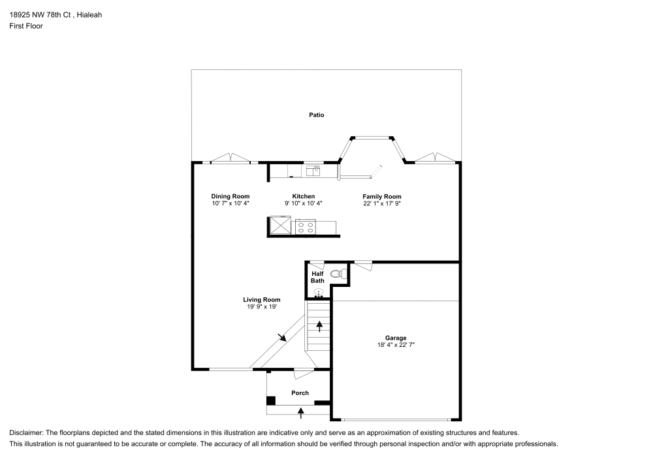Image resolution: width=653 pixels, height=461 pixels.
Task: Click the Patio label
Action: coord(317,115)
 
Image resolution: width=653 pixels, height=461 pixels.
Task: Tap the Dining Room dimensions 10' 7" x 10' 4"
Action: coord(231,203)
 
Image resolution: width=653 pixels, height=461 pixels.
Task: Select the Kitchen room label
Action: coord(304,196)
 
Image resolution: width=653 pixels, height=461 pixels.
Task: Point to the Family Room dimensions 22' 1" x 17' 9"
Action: coord(382,203)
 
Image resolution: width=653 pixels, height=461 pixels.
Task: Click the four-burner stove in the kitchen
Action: coord(305,228)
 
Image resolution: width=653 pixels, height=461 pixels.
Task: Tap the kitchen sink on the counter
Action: coord(313,171)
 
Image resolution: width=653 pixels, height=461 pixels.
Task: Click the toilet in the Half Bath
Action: coord(339,274)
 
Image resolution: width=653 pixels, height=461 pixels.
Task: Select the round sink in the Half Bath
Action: coord(319,292)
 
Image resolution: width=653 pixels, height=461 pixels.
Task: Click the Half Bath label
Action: coord(317,277)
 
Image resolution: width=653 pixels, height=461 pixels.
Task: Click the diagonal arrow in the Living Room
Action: coord(281,337)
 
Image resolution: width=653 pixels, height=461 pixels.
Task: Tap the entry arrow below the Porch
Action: coord(300,411)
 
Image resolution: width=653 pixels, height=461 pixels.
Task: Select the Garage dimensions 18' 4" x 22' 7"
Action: coord(396,345)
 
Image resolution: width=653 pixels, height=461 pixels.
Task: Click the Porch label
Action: coord(300,393)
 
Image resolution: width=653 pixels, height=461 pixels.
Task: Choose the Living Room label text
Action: coord(262,300)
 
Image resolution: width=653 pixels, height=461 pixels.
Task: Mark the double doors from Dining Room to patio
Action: coord(231,159)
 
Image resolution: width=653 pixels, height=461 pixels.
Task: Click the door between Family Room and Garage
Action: coord(363,265)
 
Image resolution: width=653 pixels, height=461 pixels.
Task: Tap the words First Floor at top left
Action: coord(26,26)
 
